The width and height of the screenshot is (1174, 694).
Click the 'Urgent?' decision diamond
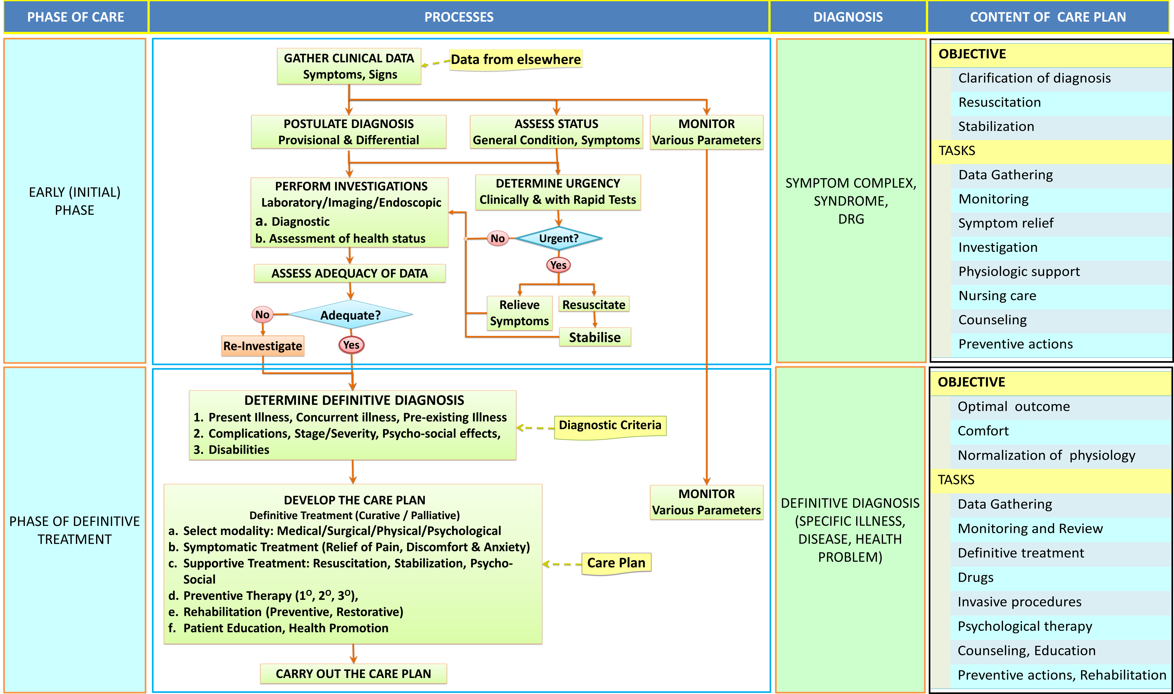(558, 239)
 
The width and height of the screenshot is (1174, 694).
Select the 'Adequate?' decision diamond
(351, 315)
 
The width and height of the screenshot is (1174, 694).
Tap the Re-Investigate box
(263, 346)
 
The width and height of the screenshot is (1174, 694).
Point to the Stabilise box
(594, 337)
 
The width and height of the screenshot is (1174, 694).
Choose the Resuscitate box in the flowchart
(594, 304)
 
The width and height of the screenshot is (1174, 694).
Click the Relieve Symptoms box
(519, 313)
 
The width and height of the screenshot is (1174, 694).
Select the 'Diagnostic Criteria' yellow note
(610, 426)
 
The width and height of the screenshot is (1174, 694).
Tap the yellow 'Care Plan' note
(616, 563)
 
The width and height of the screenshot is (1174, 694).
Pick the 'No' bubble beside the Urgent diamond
(498, 239)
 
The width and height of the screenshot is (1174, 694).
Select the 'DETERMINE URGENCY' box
(558, 192)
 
